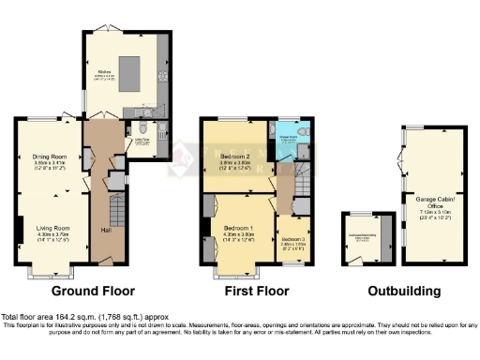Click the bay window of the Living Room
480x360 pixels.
pos(43,272)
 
